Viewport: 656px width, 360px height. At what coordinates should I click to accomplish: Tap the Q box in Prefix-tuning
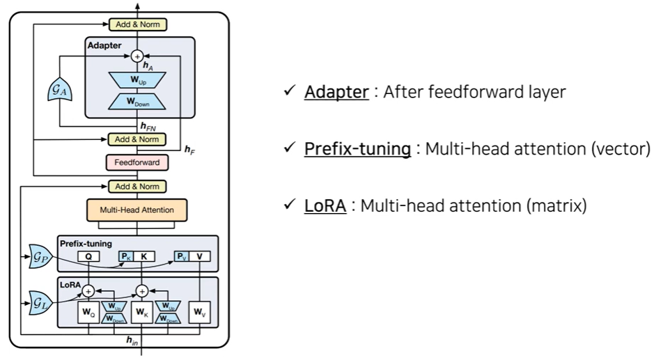tap(89, 256)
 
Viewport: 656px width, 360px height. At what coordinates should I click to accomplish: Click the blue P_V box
tap(181, 256)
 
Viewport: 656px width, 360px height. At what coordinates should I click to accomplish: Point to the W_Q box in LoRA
tap(89, 311)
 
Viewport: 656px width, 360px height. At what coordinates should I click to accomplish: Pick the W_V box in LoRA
tap(200, 311)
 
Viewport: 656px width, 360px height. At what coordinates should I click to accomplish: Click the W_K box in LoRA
tap(142, 311)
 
